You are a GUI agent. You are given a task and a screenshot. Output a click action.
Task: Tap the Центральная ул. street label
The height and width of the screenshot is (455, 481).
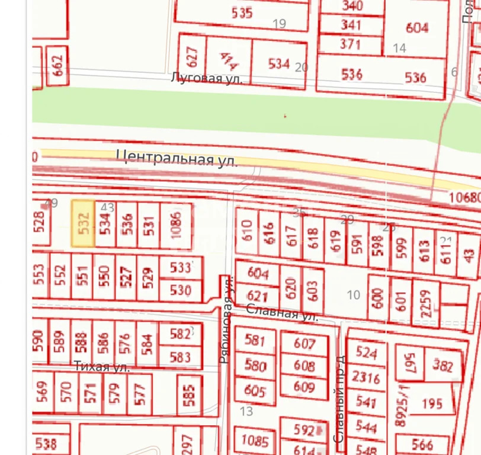pyautogui.click(x=177, y=158)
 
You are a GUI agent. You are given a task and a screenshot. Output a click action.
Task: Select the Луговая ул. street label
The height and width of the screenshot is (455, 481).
pyautogui.click(x=207, y=78)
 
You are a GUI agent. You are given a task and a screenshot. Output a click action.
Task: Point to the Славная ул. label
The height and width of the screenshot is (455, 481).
pyautogui.click(x=282, y=312)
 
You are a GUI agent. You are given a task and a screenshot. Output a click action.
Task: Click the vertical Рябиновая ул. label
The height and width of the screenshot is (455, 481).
pyautogui.click(x=225, y=320)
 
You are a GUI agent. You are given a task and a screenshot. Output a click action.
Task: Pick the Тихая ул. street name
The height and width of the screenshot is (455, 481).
pyautogui.click(x=102, y=367)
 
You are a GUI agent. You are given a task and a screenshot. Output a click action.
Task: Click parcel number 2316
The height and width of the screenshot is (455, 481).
pyautogui.click(x=365, y=377)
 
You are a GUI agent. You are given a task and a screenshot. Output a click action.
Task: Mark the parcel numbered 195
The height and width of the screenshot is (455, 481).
pyautogui.click(x=432, y=404)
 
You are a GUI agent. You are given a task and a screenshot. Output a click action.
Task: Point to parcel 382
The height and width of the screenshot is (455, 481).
pyautogui.click(x=442, y=365)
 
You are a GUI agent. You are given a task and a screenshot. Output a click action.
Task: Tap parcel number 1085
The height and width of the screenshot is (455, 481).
pyautogui.click(x=255, y=441)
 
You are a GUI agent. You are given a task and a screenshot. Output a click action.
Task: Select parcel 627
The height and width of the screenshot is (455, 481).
pyautogui.click(x=191, y=56)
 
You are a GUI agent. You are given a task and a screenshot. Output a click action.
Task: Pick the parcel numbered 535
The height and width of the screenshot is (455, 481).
pyautogui.click(x=242, y=14)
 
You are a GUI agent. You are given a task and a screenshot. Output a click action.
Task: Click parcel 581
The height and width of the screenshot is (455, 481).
pyautogui.click(x=255, y=341)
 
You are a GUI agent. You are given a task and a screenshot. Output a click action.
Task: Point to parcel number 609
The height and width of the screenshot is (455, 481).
pyautogui.click(x=304, y=387)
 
